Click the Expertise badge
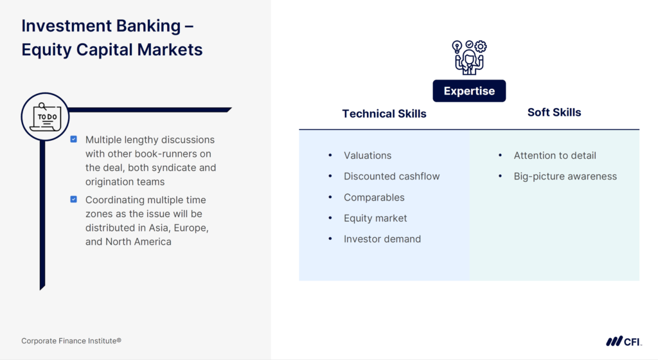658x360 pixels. tap(469, 91)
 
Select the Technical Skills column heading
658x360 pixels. tap(384, 114)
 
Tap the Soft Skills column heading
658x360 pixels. tap(554, 113)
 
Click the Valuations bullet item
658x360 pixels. tap(368, 156)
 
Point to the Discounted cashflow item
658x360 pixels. tap(391, 176)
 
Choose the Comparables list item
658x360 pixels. tap(374, 197)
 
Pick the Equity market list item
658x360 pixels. tap(375, 218)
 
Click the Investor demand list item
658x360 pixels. tap(382, 239)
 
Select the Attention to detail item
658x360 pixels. tap(555, 156)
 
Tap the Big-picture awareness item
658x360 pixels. tap(565, 176)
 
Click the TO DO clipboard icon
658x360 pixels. tap(45, 116)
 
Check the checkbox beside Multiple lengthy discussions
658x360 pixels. tap(74, 139)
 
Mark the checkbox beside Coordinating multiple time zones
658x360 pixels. tap(74, 199)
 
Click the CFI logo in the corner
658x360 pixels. tap(623, 341)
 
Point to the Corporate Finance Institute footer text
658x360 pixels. tap(71, 341)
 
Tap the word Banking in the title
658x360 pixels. tap(145, 26)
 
